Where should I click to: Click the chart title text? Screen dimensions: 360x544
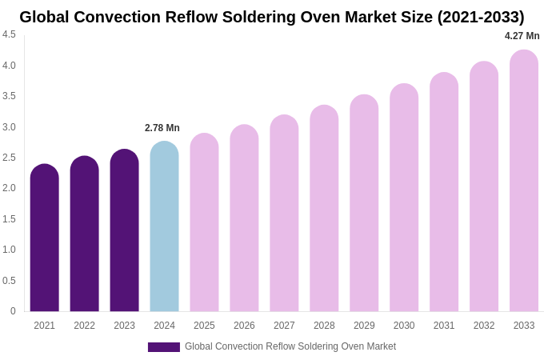click(x=272, y=17)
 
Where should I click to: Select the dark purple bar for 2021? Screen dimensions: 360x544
click(x=45, y=240)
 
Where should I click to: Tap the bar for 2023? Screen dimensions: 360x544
click(x=125, y=232)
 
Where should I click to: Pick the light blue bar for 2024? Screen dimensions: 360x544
click(x=164, y=228)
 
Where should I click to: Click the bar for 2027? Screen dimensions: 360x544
click(x=284, y=216)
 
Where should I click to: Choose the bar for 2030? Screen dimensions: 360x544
click(x=404, y=200)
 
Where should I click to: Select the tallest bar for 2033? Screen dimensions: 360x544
click(x=524, y=184)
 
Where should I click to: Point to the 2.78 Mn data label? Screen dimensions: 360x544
click(x=162, y=128)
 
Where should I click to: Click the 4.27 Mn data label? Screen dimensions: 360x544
click(x=522, y=36)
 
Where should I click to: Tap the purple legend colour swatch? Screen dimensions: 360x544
click(x=164, y=347)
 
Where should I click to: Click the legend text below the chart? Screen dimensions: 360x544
click(x=290, y=346)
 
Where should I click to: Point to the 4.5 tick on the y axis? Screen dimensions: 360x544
click(x=9, y=34)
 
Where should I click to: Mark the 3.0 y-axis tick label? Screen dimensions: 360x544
click(x=9, y=127)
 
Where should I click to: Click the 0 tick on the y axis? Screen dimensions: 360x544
click(x=13, y=311)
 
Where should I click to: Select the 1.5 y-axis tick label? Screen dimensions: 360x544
click(x=9, y=219)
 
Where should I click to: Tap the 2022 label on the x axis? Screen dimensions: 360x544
click(x=85, y=326)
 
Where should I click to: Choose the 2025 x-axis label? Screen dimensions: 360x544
click(x=204, y=326)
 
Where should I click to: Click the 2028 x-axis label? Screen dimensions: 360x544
click(x=324, y=326)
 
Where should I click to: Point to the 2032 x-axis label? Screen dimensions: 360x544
click(x=484, y=326)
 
